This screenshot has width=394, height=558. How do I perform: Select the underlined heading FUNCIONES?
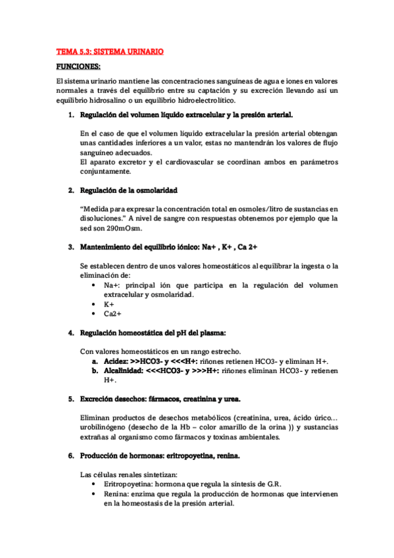[78, 66]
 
